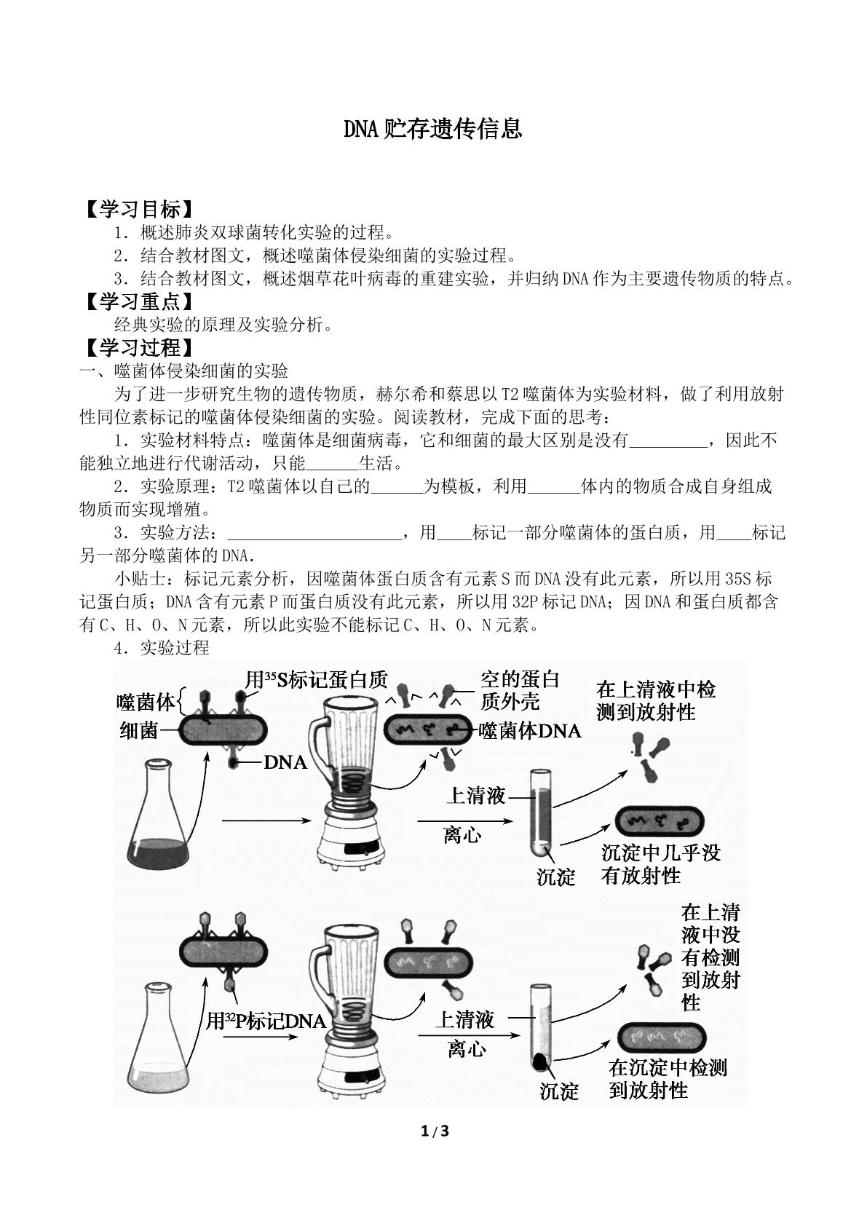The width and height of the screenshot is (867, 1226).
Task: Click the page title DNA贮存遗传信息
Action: [x=433, y=129]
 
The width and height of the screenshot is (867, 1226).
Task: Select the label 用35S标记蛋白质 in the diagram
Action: [x=317, y=680]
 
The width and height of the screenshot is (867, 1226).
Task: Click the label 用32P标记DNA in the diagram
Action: [x=266, y=1020]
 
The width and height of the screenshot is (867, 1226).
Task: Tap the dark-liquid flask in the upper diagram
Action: [x=158, y=812]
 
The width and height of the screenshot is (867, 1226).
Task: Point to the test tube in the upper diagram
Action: [x=540, y=812]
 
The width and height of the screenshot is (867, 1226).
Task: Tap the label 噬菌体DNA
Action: [x=530, y=731]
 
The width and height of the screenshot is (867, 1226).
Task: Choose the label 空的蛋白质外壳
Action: [x=520, y=691]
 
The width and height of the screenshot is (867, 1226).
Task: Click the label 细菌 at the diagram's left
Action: [x=139, y=730]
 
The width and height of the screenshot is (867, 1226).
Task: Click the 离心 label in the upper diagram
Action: [x=462, y=835]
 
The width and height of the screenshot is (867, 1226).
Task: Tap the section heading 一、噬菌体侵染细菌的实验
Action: [x=184, y=371]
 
